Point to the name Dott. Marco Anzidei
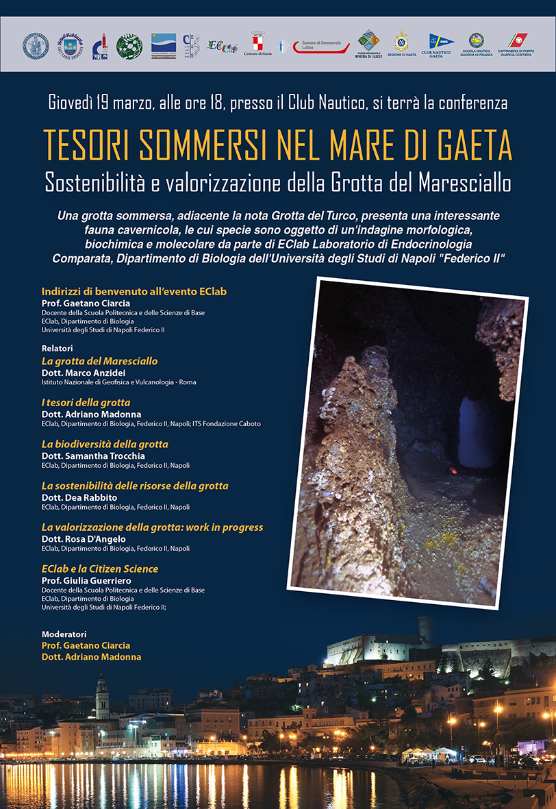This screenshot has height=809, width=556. click(84, 373)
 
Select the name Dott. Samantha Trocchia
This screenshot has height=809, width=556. click(93, 456)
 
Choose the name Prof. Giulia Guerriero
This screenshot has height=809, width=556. click(86, 581)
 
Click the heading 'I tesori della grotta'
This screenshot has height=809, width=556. click(86, 403)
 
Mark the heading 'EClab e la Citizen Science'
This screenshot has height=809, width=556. click(100, 569)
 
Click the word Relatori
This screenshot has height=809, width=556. click(57, 348)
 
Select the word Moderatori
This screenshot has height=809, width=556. click(64, 634)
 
